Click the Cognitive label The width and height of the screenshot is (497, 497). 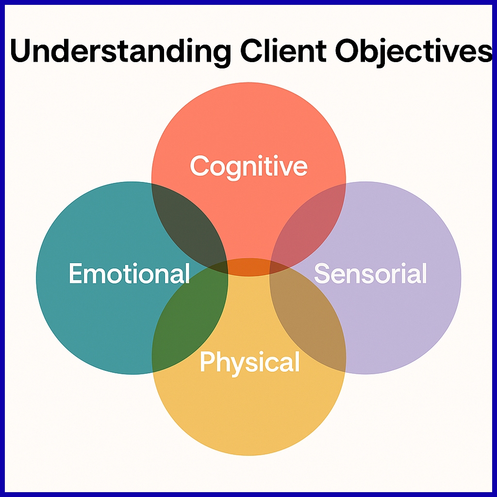248,166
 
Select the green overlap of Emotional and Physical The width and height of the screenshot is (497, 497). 189,315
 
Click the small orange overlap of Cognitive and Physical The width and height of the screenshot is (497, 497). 248,266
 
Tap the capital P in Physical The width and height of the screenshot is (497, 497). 207,361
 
